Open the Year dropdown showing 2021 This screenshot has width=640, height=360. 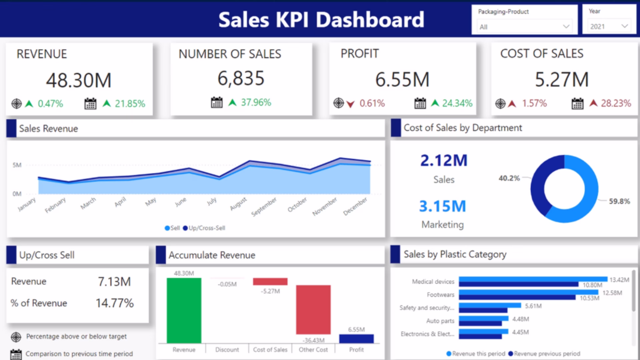[x=609, y=26]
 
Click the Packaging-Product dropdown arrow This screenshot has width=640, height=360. [x=566, y=27]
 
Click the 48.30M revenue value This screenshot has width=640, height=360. [x=79, y=80]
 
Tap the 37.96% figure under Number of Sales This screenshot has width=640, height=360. [x=256, y=102]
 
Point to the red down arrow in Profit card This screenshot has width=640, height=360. [x=350, y=104]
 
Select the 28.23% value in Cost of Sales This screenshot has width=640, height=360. [x=616, y=103]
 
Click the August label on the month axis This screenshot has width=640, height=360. [x=238, y=204]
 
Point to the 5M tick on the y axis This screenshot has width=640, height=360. [x=17, y=165]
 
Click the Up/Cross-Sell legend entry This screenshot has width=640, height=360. [x=204, y=228]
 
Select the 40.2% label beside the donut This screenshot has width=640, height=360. [x=509, y=178]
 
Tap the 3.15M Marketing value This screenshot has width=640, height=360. [x=442, y=206]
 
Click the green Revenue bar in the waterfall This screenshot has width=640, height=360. [x=184, y=310]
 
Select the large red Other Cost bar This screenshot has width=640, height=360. [x=313, y=309]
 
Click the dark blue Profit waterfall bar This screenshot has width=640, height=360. [x=356, y=339]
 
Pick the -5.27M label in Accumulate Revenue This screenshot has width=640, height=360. [x=270, y=291]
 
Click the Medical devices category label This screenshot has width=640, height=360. [x=433, y=282]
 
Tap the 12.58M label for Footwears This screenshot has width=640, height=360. [x=612, y=293]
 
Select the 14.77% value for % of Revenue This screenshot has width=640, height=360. [x=115, y=303]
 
